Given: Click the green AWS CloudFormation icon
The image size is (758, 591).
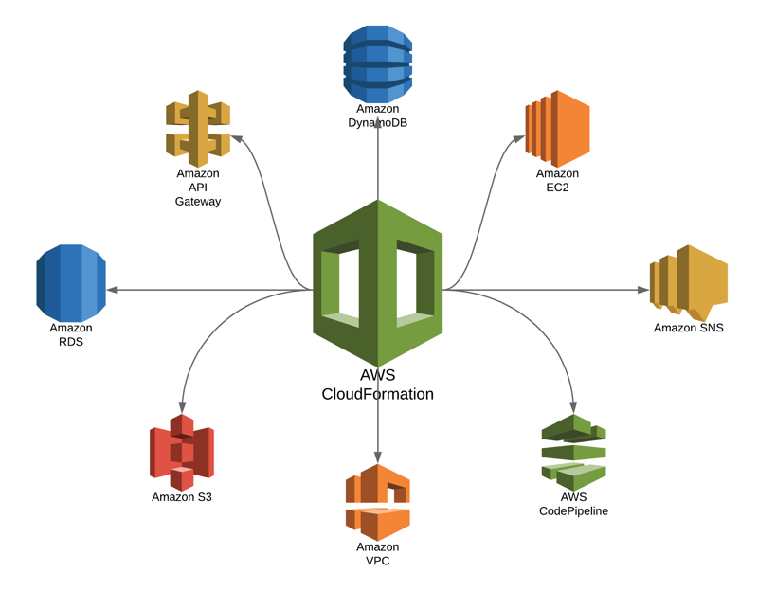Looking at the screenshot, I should pyautogui.click(x=377, y=281).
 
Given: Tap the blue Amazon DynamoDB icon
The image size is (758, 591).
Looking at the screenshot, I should pyautogui.click(x=377, y=63).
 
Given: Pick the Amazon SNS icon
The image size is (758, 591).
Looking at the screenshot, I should pyautogui.click(x=688, y=280).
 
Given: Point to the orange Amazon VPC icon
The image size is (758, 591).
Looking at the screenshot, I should pyautogui.click(x=377, y=502).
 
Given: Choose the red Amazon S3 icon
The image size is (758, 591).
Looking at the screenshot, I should pyautogui.click(x=181, y=452).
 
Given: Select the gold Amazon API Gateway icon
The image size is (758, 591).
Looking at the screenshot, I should pyautogui.click(x=197, y=129).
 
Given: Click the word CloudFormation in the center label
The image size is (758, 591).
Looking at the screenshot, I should pyautogui.click(x=377, y=394).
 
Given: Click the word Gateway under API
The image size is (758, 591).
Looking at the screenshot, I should pyautogui.click(x=197, y=201).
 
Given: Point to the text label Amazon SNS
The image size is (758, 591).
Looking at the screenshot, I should pyautogui.click(x=688, y=328).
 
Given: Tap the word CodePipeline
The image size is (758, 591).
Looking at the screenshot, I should pyautogui.click(x=573, y=511).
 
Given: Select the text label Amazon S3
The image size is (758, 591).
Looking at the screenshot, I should pyautogui.click(x=181, y=497).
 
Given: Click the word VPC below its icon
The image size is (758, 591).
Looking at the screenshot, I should pyautogui.click(x=377, y=562).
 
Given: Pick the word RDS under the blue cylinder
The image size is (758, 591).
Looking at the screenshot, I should pyautogui.click(x=71, y=342).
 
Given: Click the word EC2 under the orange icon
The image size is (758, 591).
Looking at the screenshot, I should pyautogui.click(x=557, y=188).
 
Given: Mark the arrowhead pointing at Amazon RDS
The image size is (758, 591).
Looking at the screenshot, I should pyautogui.click(x=112, y=290).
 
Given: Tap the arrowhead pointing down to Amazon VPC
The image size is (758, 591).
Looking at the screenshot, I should pyautogui.click(x=377, y=457).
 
